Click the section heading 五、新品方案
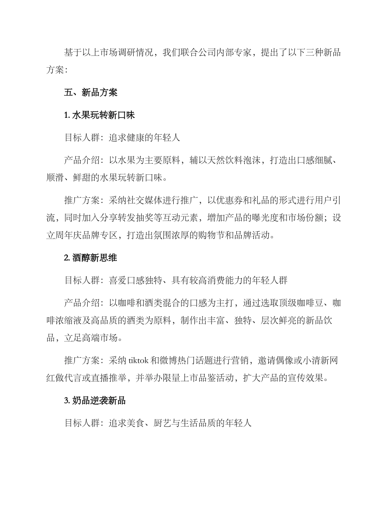click(x=91, y=93)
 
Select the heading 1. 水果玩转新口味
click(x=99, y=115)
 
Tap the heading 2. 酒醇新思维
click(x=91, y=258)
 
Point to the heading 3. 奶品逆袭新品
click(x=95, y=400)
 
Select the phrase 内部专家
click(x=234, y=53)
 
